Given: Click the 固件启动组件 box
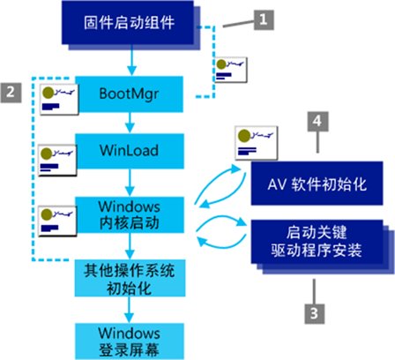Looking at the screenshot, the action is (x=128, y=22).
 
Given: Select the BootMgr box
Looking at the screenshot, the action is (x=130, y=94).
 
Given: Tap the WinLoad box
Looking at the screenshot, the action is (x=130, y=151).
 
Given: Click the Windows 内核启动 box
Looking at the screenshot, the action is (x=130, y=215).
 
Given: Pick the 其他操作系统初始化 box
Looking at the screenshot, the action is (x=130, y=278).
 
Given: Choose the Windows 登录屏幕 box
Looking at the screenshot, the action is (x=130, y=341).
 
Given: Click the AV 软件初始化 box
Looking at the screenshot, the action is (x=317, y=184).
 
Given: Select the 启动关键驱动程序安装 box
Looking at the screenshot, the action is (x=317, y=241).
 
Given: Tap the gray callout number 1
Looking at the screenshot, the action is (x=264, y=20).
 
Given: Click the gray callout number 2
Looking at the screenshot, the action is (x=11, y=93).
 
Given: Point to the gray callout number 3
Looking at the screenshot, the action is (x=315, y=313).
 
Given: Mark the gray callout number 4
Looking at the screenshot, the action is (x=317, y=121).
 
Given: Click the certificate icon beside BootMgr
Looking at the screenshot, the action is (x=59, y=99).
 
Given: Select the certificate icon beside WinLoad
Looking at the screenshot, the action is (x=57, y=161).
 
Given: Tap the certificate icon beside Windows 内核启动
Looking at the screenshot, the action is (x=57, y=221).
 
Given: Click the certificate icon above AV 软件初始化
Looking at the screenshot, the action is (x=257, y=143).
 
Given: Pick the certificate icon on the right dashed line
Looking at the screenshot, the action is (x=231, y=70).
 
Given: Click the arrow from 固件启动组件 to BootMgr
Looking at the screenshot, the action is (x=131, y=60).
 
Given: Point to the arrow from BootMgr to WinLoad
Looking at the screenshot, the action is (x=130, y=123).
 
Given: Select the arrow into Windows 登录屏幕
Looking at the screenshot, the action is (x=129, y=310).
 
